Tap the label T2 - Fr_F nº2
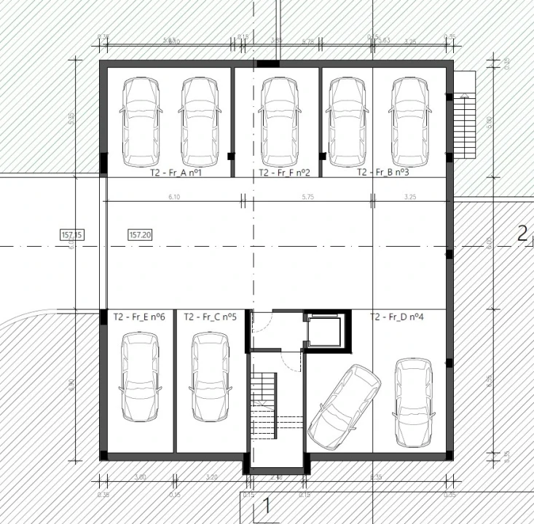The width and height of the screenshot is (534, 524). point(284,173)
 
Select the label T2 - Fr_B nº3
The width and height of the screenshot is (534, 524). point(382,173)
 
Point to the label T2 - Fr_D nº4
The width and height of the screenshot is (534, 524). point(396,317)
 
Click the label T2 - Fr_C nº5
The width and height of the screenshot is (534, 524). point(210,317)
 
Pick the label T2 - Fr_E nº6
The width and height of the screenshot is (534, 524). point(138,317)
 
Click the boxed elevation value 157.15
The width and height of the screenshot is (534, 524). point(72,234)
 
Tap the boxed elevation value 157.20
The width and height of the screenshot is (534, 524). point(140,234)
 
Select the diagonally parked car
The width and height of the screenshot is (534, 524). point(344,405)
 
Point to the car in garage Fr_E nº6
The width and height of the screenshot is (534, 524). point(138,376)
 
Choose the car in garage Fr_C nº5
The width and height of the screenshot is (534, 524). point(210,376)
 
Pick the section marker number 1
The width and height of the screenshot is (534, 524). point(267,504)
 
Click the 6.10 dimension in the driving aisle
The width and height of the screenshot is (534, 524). point(173,196)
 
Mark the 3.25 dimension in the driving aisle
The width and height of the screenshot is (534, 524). point(409,196)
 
